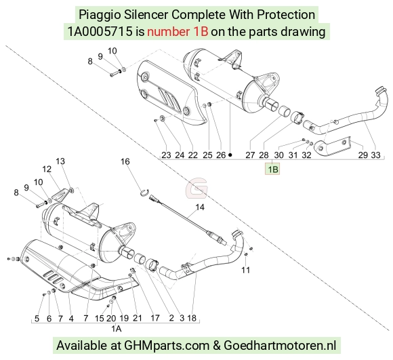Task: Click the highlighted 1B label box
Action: [x=272, y=169]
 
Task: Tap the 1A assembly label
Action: [x=117, y=329]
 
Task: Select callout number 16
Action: [x=125, y=161]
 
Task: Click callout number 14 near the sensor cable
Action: [x=200, y=207]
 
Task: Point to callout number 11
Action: [x=245, y=270]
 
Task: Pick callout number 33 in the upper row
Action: [x=375, y=155]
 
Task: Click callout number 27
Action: [x=250, y=155]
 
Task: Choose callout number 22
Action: [x=192, y=155]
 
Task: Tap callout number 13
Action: [x=60, y=161]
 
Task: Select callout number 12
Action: [x=47, y=169]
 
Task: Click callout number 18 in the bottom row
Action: [x=192, y=318]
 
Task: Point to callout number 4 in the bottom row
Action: [x=71, y=319]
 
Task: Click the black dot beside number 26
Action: [x=230, y=155]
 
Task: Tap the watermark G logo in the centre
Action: [x=196, y=187]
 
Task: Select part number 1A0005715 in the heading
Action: [x=100, y=32]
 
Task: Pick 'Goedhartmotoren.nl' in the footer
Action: [x=280, y=345]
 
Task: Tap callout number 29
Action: [x=363, y=155]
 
